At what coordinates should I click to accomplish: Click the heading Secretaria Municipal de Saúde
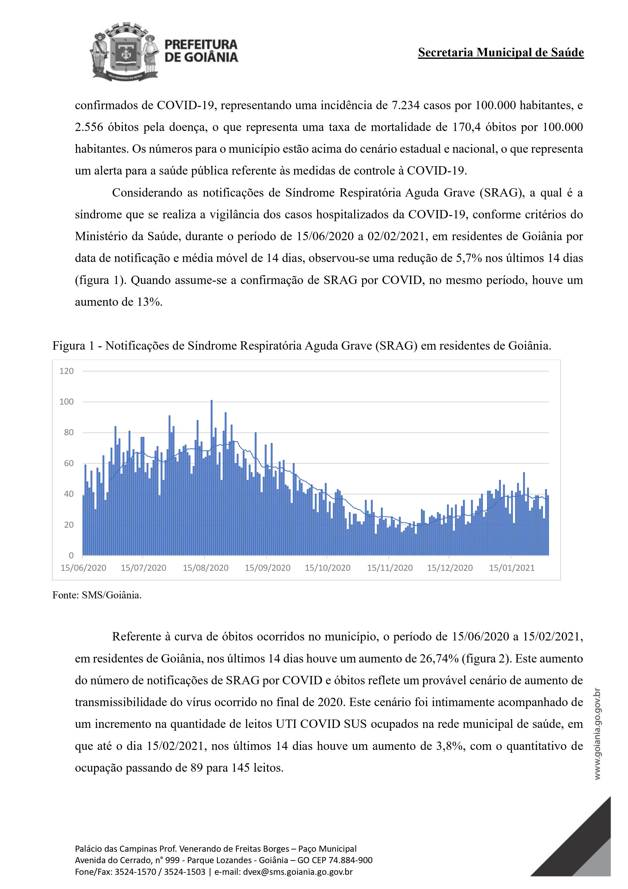click(501, 53)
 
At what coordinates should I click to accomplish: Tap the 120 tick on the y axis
click(66, 371)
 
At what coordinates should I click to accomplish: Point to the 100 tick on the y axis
click(66, 402)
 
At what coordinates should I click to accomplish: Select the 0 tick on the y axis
click(71, 556)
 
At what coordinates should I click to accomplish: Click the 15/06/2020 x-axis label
click(83, 568)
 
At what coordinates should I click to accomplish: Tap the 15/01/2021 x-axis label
click(512, 568)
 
